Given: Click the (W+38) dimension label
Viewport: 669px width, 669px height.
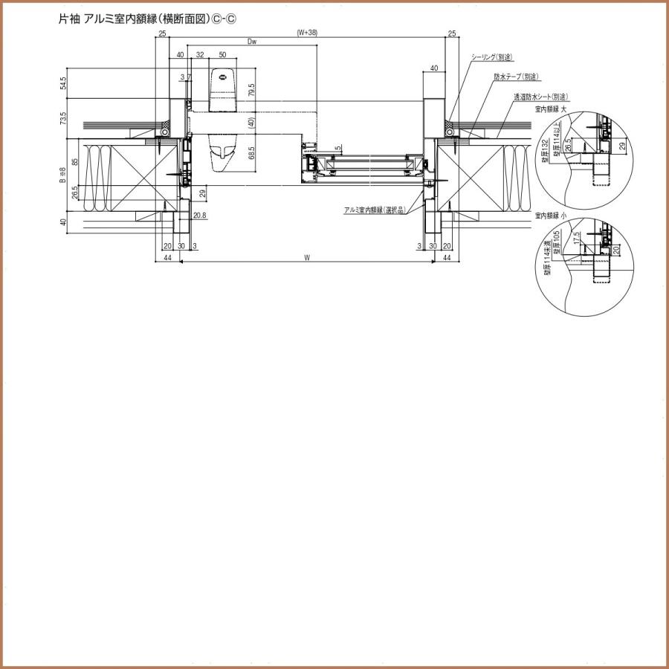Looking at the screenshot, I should coord(306,33).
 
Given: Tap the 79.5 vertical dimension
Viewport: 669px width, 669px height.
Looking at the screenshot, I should coord(252,91).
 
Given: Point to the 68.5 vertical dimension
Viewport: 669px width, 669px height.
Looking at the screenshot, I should coord(252,154).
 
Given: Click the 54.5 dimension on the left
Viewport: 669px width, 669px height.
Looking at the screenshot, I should coord(64,83).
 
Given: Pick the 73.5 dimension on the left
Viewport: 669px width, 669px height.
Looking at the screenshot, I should coord(64,118).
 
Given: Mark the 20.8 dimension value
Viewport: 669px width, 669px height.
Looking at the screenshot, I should coord(200,216).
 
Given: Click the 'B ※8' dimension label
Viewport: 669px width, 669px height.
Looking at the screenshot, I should coord(64,175).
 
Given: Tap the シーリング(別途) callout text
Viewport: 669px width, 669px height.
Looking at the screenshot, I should coord(493,57).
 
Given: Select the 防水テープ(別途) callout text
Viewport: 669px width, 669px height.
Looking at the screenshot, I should coord(516,77).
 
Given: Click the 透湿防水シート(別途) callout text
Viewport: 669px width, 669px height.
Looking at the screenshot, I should coord(540,97).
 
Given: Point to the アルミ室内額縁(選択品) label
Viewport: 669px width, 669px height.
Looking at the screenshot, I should coord(375,210).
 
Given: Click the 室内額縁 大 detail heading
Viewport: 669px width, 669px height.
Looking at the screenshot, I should coord(552,109).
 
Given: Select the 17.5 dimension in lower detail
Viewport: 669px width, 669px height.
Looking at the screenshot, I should coord(576,239).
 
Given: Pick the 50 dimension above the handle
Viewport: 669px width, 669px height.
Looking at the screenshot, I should coord(222,55).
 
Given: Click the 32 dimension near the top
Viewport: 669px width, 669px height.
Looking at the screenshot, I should coord(200,55).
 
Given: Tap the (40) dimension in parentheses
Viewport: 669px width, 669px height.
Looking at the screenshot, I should coord(252,123).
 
